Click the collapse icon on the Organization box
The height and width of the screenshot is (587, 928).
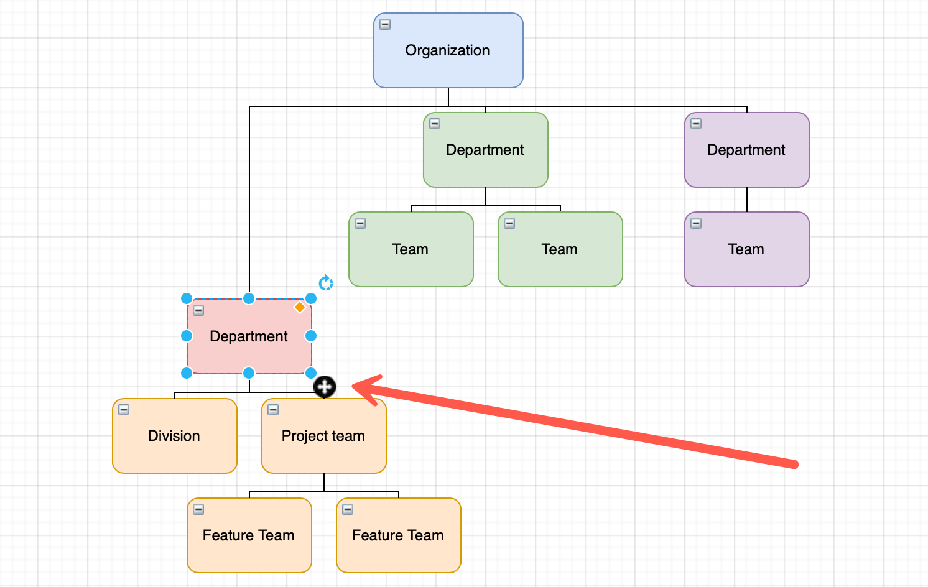(x=385, y=24)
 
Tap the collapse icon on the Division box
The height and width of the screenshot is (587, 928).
(x=124, y=410)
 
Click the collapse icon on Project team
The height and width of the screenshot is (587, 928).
(x=273, y=410)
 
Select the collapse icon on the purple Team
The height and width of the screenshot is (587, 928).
(x=696, y=223)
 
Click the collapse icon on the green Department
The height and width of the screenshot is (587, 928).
(x=435, y=124)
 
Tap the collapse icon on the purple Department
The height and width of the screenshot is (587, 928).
(x=696, y=124)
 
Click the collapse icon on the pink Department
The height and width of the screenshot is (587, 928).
(x=198, y=310)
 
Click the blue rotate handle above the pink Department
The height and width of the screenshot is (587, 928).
(x=325, y=283)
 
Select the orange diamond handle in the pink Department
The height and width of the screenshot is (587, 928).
(x=300, y=307)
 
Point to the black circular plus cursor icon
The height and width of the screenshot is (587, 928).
(x=324, y=387)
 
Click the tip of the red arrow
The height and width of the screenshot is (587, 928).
(x=355, y=386)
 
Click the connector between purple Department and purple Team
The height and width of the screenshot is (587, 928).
(x=746, y=200)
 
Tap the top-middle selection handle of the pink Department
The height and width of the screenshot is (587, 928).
(x=249, y=298)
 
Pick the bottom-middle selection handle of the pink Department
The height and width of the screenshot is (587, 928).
(x=249, y=373)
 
